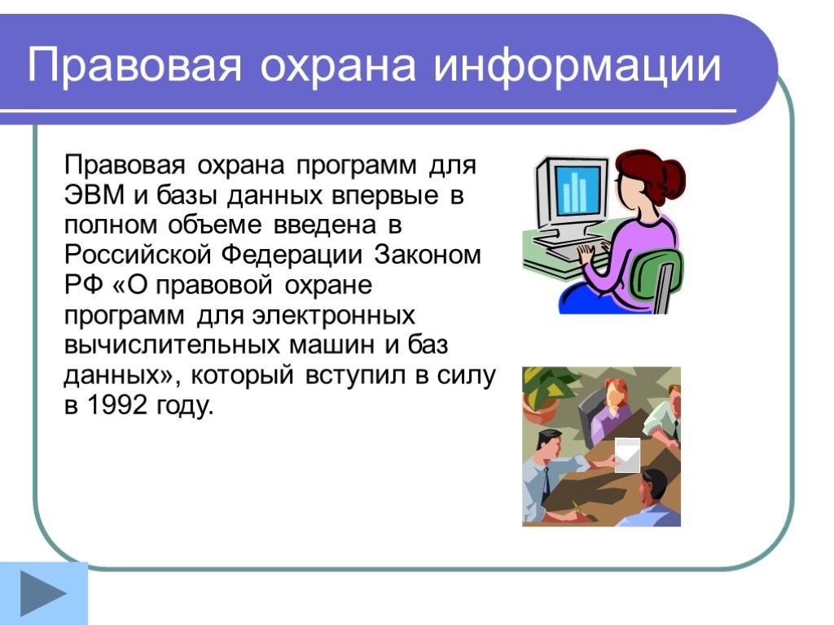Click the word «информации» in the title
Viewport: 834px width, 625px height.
tap(577, 66)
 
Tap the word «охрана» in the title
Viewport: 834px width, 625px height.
tap(338, 65)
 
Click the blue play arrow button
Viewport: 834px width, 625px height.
tap(44, 593)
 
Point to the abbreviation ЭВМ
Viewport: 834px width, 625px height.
tap(94, 195)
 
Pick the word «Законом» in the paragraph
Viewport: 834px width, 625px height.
tap(428, 255)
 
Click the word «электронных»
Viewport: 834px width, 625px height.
tap(333, 316)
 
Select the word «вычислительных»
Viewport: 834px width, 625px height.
tap(171, 345)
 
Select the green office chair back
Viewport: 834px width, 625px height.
tap(654, 278)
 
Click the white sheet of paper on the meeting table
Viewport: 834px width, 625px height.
tap(627, 455)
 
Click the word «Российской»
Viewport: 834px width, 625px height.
tap(137, 255)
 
